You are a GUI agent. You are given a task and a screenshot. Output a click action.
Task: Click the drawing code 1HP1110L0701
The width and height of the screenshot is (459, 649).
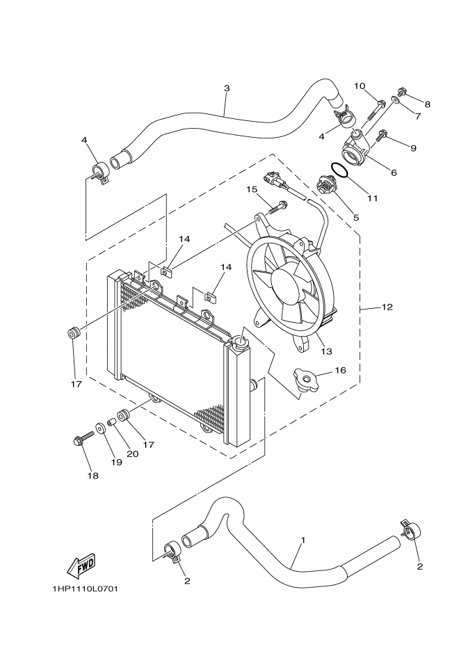pos(85,588)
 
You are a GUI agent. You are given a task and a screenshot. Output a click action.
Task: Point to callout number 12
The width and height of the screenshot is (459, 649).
pos(387,307)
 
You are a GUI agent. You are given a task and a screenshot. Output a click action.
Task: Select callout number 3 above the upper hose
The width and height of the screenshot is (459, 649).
pos(227,88)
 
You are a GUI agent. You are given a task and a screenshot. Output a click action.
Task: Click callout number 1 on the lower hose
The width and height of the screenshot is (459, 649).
pos(303,540)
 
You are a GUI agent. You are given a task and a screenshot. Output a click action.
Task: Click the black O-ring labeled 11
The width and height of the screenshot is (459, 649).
pos(339,170)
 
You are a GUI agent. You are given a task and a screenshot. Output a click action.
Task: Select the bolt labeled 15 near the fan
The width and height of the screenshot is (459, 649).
pos(278,206)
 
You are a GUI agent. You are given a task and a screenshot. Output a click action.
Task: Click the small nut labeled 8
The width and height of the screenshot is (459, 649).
pos(403,92)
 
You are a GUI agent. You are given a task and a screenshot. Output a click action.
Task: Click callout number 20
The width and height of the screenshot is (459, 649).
pos(132,454)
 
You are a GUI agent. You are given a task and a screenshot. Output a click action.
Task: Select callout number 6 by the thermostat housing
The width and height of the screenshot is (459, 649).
pos(394,172)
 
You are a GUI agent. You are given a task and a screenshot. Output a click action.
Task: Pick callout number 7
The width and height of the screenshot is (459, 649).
pos(418,116)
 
